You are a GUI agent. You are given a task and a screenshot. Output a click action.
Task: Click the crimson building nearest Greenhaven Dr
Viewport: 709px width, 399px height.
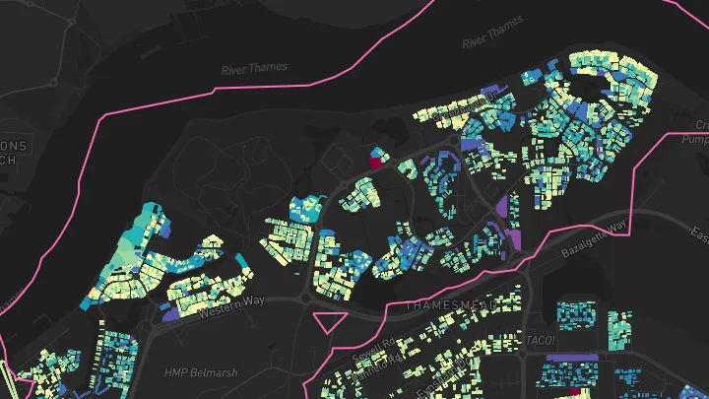pos(375,155)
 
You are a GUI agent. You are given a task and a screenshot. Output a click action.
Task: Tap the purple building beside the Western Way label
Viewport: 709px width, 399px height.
pos(168,316)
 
